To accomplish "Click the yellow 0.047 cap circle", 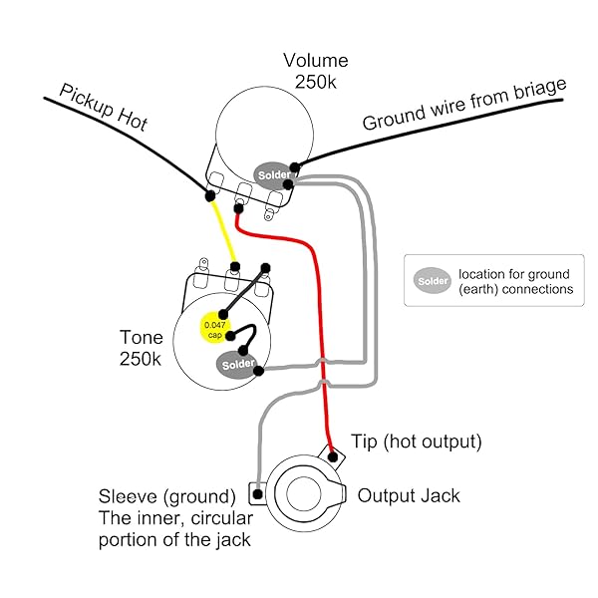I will [x=214, y=329].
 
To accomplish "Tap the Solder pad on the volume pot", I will [x=272, y=175].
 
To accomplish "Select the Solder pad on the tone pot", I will [x=237, y=365].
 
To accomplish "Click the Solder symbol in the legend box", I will [x=433, y=281].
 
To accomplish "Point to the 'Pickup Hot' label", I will [x=104, y=107].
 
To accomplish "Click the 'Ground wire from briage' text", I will [x=463, y=106].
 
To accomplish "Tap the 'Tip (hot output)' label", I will [x=417, y=441].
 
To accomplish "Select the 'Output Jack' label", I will [x=409, y=494].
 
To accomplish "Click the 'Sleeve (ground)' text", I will [x=166, y=495].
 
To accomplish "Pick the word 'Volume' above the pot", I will [x=315, y=62].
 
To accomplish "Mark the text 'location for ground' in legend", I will [x=513, y=274].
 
